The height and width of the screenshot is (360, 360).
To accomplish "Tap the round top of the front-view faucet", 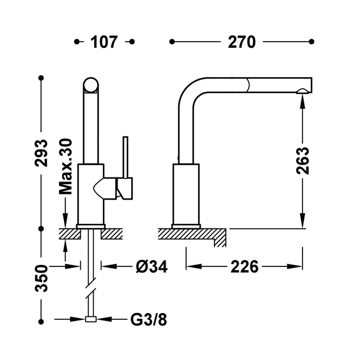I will tap(91, 85).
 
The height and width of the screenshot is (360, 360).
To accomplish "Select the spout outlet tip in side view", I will tap(304, 91).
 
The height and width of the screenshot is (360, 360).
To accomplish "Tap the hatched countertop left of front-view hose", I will tap(70, 234).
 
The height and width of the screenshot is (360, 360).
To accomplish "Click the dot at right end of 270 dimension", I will tap(312, 41).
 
